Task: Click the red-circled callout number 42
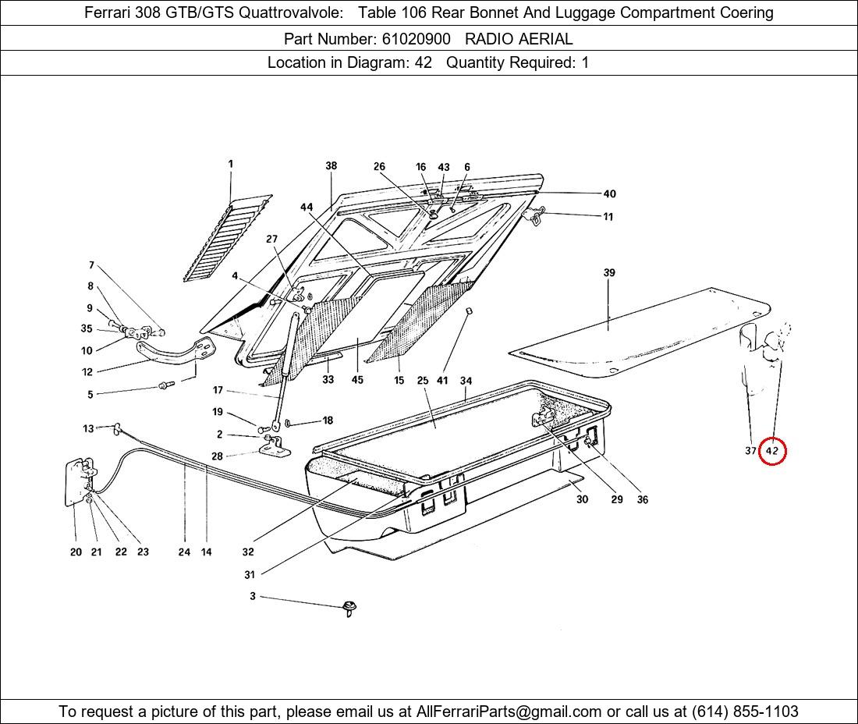[772, 451]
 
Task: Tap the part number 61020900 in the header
[416, 38]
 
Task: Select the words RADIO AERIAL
[519, 38]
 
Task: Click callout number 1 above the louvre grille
[231, 164]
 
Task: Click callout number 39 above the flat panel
[609, 272]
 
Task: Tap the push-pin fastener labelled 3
[349, 607]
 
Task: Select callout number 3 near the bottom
[253, 596]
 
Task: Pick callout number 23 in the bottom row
[143, 552]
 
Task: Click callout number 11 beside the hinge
[608, 217]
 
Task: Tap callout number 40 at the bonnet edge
[609, 194]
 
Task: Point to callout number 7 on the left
[91, 265]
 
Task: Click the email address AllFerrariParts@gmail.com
[509, 712]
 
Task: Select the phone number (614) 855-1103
[745, 712]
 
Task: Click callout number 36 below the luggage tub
[642, 499]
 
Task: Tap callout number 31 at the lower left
[250, 575]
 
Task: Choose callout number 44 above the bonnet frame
[307, 207]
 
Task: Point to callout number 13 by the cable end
[88, 428]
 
